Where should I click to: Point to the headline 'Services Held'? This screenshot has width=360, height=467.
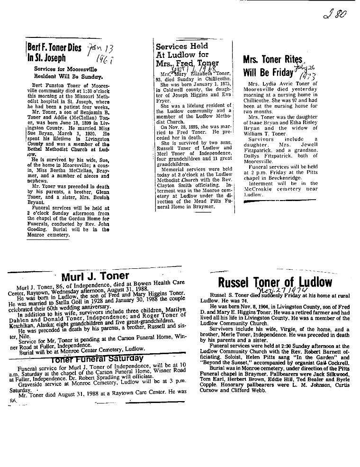182,46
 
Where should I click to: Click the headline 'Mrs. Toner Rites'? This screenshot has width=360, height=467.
272,60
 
